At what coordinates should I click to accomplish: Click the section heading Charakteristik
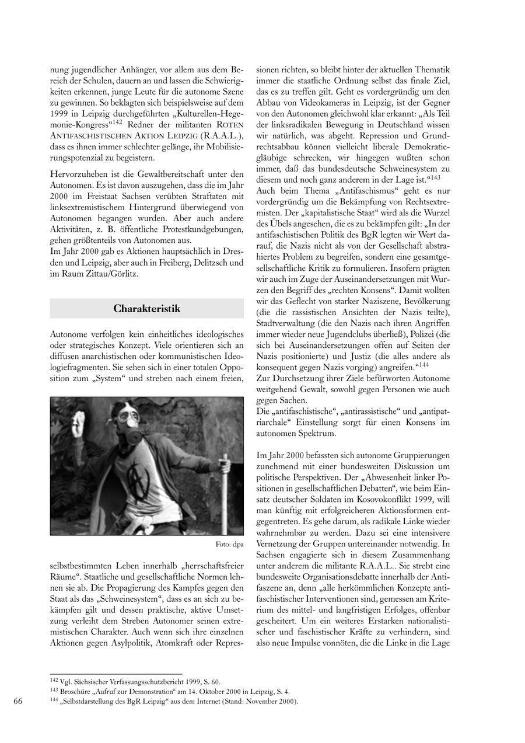click(146, 308)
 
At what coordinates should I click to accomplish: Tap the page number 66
click(17, 701)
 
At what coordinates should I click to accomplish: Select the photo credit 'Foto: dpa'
click(229, 545)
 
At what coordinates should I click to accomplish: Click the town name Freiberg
click(165, 263)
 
